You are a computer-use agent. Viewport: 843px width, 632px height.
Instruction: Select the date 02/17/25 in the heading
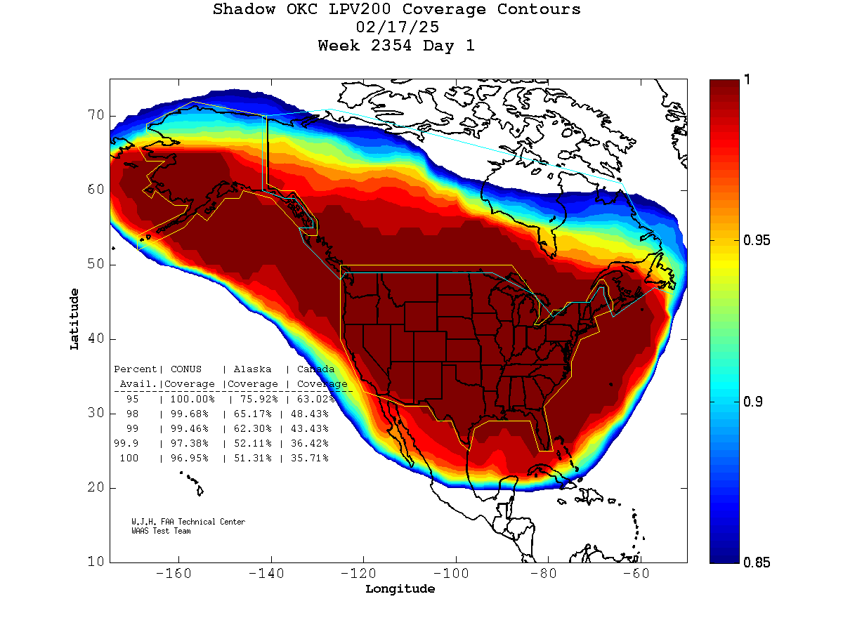[398, 28]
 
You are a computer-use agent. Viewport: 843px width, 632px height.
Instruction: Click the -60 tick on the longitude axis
[641, 574]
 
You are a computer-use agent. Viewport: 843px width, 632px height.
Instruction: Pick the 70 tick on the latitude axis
[96, 115]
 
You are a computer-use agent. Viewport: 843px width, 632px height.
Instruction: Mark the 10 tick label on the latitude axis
[96, 562]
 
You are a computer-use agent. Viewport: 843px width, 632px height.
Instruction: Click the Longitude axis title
[400, 589]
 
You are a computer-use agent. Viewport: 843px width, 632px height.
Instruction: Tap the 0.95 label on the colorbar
[757, 241]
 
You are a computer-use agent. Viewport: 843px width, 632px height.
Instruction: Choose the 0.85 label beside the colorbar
[757, 562]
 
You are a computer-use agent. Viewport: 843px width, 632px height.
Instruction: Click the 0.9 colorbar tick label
[754, 402]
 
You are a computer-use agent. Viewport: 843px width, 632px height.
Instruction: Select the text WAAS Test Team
[161, 531]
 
